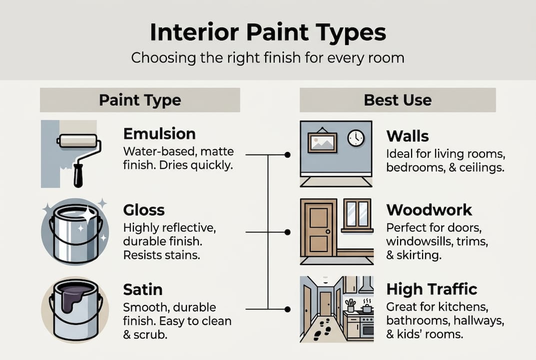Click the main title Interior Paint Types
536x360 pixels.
[268, 32]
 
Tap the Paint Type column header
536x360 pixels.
[140, 100]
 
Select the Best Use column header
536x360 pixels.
[398, 100]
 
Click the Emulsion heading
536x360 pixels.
[159, 134]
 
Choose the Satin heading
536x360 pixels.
[142, 290]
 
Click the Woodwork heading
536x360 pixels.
[429, 209]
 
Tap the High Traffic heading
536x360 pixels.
[432, 289]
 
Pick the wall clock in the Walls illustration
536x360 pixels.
[356, 137]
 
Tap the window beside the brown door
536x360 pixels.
[357, 214]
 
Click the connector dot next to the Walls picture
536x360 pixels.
[287, 155]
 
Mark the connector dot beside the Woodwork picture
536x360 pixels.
[287, 232]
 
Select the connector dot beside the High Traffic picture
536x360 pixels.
[287, 309]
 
